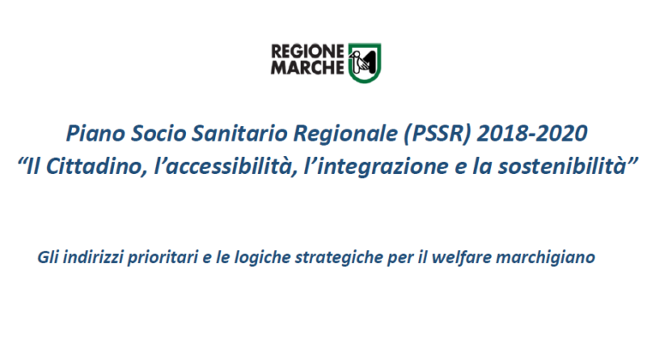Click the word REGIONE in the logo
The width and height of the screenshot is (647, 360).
click(x=307, y=52)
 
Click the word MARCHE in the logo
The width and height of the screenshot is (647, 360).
click(x=307, y=67)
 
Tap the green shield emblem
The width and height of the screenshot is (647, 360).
click(x=365, y=63)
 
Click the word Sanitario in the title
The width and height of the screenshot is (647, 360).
click(x=240, y=133)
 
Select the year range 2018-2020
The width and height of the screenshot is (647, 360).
click(x=532, y=133)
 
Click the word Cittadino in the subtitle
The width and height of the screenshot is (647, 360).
click(x=96, y=167)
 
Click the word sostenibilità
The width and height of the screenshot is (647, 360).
click(x=562, y=167)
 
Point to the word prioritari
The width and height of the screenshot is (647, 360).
click(x=163, y=257)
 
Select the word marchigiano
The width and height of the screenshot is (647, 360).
click(x=545, y=257)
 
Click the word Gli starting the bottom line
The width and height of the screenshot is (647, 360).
click(x=49, y=257)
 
